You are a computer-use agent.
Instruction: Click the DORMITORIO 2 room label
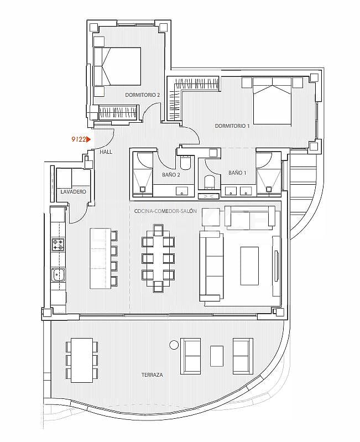pos(142,95)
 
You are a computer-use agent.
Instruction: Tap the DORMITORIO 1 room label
pos(232,126)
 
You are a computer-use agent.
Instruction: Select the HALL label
pos(106,151)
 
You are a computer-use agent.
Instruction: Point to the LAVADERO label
pos(73,191)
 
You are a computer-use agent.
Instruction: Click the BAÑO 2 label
pos(171,174)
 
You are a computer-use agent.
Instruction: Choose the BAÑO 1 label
pos(237,173)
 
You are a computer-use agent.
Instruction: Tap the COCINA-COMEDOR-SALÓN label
pos(165,211)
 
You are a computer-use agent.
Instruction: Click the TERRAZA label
pos(152,375)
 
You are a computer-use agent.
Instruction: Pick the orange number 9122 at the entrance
pos(79,140)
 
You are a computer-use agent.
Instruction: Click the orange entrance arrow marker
pos(88,140)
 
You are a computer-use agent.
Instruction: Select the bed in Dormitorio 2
pos(117,66)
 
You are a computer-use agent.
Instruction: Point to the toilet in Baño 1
pos(209,182)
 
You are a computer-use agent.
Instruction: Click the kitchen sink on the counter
pos(58,274)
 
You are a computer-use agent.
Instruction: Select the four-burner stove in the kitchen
pos(58,244)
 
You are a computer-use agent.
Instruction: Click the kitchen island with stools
pos(100,257)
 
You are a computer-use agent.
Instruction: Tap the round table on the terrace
pos(174,345)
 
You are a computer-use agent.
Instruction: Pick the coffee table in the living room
pos(249,265)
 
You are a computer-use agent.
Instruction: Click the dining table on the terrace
pos(82,360)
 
